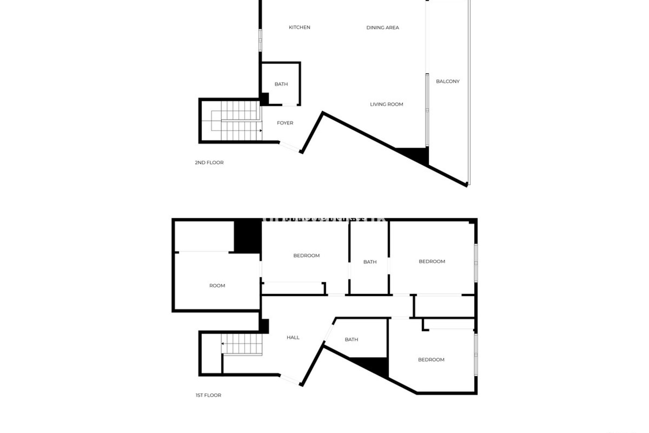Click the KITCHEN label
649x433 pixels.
pyautogui.click(x=299, y=27)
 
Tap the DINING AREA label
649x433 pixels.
pyautogui.click(x=383, y=28)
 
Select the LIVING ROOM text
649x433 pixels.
pyautogui.click(x=386, y=104)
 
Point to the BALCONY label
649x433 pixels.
pyautogui.click(x=448, y=81)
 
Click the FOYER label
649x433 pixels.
pyautogui.click(x=285, y=123)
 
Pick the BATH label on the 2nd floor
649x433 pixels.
pyautogui.click(x=281, y=84)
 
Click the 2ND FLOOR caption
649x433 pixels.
pyautogui.click(x=209, y=163)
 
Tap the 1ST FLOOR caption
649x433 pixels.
pyautogui.click(x=208, y=395)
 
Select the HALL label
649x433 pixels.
pyautogui.click(x=293, y=337)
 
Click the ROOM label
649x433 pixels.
pyautogui.click(x=217, y=286)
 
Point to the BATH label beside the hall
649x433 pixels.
pyautogui.click(x=352, y=339)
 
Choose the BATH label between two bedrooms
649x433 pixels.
pyautogui.click(x=370, y=262)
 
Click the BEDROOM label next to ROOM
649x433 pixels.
pyautogui.click(x=306, y=255)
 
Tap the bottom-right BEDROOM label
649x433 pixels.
pyautogui.click(x=431, y=360)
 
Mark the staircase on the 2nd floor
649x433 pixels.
pyautogui.click(x=237, y=125)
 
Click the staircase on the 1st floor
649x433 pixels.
pyautogui.click(x=242, y=344)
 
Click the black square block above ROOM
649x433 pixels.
pyautogui.click(x=248, y=236)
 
